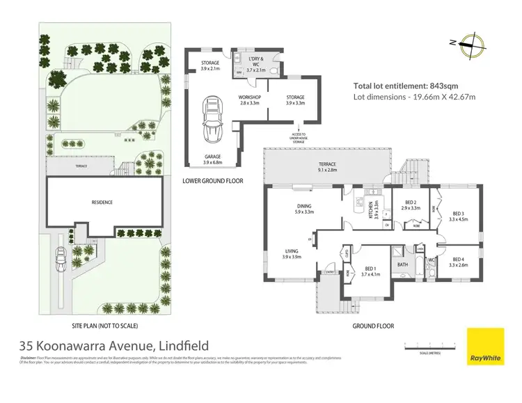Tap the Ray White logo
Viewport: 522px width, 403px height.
click(484, 347)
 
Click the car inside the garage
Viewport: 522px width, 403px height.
click(212, 118)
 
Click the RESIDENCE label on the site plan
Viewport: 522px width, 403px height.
click(102, 203)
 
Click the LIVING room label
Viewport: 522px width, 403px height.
click(291, 253)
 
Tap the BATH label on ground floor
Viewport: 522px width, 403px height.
click(402, 265)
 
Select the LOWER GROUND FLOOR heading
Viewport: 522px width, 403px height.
click(213, 180)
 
